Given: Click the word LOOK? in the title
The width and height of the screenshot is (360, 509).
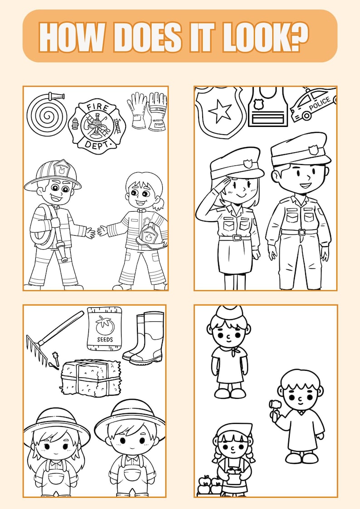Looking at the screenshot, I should point(266,37).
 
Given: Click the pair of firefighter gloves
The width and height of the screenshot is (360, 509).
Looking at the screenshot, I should point(147,111).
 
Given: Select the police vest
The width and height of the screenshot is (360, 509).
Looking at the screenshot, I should point(268,107).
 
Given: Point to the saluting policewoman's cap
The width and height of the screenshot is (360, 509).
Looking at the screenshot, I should point(236,166).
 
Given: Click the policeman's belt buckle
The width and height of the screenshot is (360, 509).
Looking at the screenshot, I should point(300,232).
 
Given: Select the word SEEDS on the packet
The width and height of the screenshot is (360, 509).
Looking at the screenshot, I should point(104,339).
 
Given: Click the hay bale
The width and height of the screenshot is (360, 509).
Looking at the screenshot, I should point(91,377).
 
